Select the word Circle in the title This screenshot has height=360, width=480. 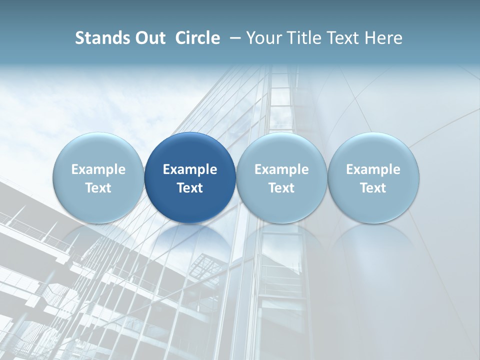(x=197, y=38)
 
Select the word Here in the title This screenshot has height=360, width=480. (x=383, y=38)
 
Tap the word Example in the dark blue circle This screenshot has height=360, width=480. (x=190, y=169)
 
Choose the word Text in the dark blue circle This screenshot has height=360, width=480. (x=190, y=188)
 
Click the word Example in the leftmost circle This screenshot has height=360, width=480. (x=98, y=169)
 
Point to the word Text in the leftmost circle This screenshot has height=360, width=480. (x=98, y=188)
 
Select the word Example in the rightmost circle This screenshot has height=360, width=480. (x=373, y=169)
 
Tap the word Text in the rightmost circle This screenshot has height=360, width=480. (x=373, y=188)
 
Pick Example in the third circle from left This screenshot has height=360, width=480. (x=281, y=169)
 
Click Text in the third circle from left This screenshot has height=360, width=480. (x=281, y=188)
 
